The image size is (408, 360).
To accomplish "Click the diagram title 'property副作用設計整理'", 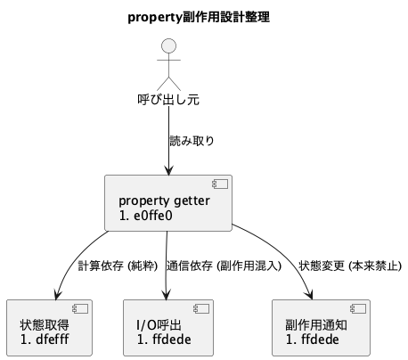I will tap(200, 17).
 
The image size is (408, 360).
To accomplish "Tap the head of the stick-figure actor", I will tap(168, 46).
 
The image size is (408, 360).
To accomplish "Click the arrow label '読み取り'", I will tap(192, 141).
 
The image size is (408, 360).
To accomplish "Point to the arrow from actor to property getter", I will tap(168, 143).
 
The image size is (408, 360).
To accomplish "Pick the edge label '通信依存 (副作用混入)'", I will tap(224, 266).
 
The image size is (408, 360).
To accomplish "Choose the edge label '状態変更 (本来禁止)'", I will tap(350, 266).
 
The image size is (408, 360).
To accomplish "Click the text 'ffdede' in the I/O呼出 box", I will tap(171, 339).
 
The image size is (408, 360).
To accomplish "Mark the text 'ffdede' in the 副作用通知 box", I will tap(321, 339).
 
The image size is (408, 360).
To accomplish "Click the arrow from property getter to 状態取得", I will tap(76, 258).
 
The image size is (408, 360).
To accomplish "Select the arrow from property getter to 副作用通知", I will tap(285, 254).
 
